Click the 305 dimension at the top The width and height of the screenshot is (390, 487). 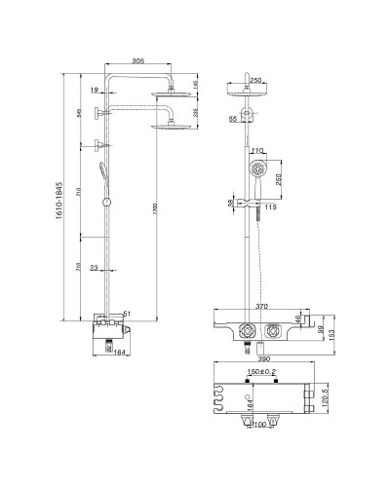137,60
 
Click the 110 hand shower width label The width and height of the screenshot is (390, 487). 257,151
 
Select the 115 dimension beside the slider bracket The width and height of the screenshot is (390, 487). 272,206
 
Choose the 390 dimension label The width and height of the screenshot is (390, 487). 261,359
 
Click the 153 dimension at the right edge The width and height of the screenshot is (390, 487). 333,335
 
